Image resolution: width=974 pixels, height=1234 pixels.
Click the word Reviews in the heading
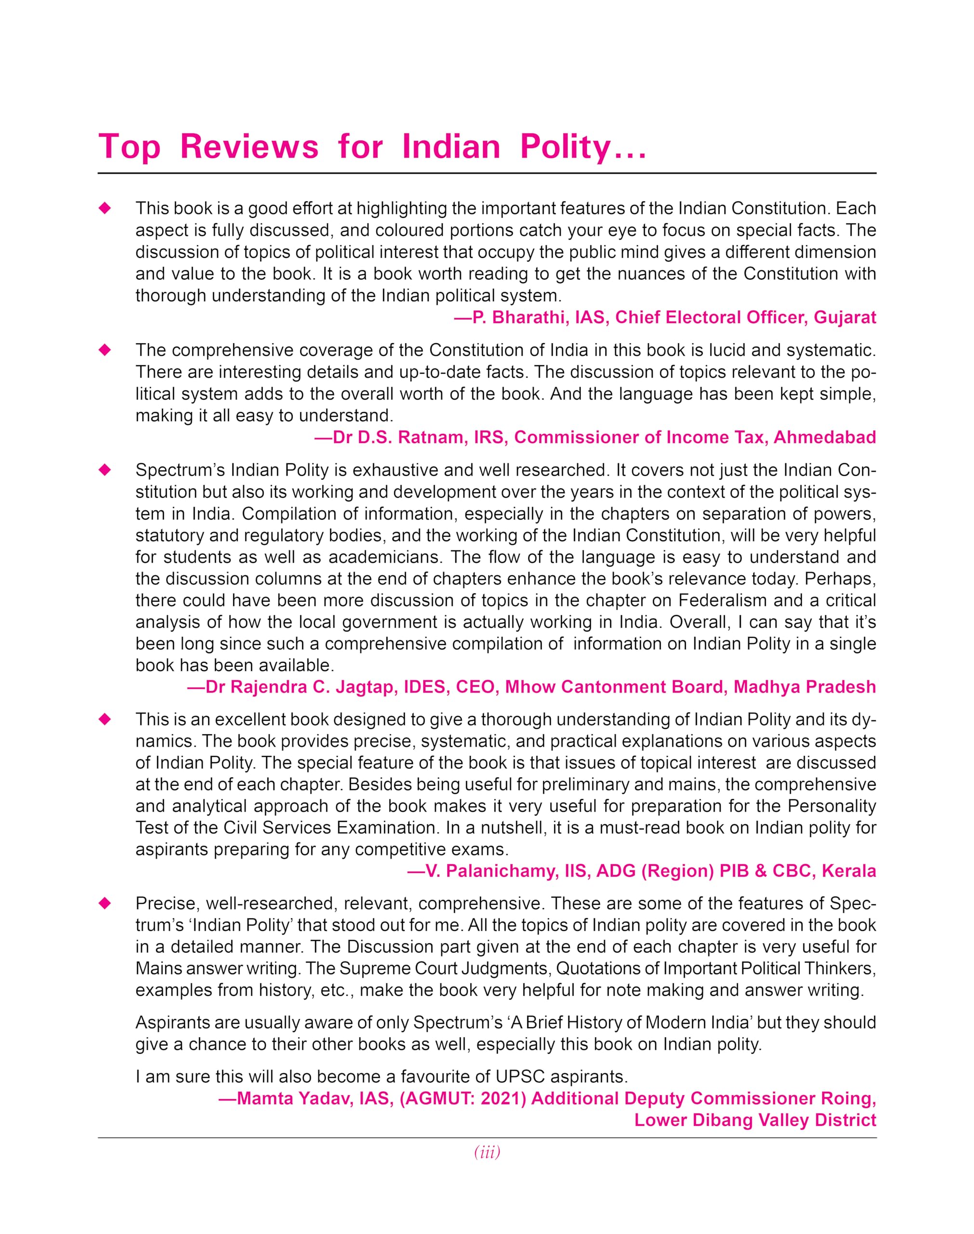coord(249,147)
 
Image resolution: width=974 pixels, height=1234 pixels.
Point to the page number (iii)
coord(487,1153)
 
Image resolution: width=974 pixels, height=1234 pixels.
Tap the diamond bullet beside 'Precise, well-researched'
coord(105,903)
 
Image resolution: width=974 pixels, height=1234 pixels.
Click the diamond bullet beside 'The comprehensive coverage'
coord(105,350)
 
